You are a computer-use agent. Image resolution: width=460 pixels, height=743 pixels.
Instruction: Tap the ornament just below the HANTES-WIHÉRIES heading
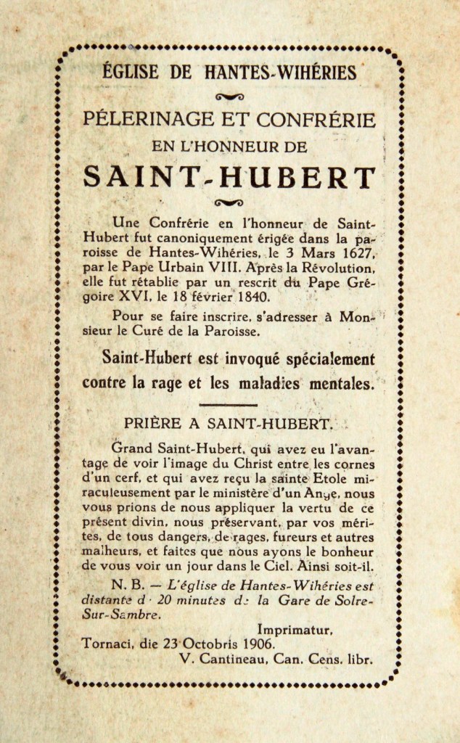coord(230,97)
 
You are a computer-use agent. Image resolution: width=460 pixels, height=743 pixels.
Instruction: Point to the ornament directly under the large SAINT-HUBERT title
coord(230,202)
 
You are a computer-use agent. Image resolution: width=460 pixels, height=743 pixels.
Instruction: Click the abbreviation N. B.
coord(125,584)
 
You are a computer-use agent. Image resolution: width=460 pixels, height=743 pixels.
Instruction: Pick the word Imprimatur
coord(295,631)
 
